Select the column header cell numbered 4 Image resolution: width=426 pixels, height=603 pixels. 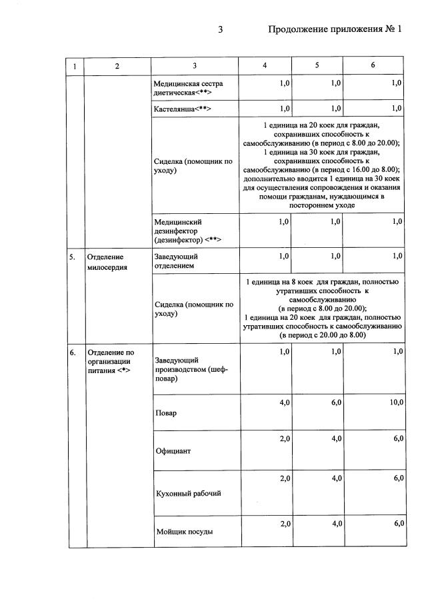pyautogui.click(x=265, y=65)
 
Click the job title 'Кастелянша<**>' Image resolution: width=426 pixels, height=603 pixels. pyautogui.click(x=182, y=108)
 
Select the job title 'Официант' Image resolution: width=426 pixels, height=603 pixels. pyautogui.click(x=172, y=451)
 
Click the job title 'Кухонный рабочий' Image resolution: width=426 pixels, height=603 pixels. pyautogui.click(x=187, y=494)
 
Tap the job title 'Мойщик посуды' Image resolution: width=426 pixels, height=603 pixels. pyautogui.click(x=183, y=531)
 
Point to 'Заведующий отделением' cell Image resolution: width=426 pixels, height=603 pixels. pyautogui.click(x=176, y=261)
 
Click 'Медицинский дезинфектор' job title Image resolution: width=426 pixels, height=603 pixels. pyautogui.click(x=187, y=230)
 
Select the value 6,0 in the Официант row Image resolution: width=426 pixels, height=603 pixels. pyautogui.click(x=398, y=438)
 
